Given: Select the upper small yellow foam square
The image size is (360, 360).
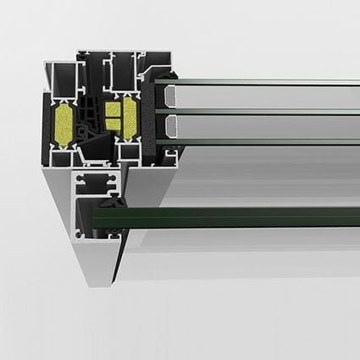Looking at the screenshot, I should pyautogui.click(x=111, y=108).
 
